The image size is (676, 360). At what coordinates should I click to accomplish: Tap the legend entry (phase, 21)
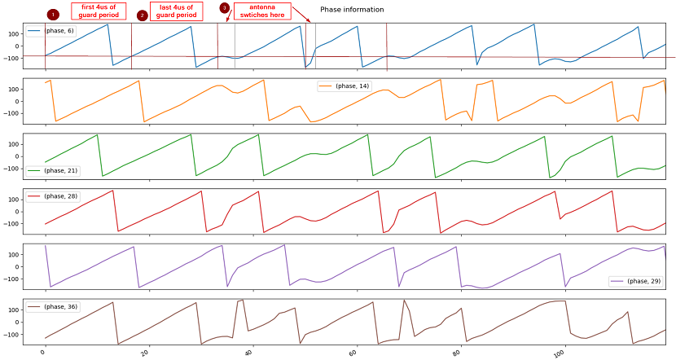[x=49, y=170]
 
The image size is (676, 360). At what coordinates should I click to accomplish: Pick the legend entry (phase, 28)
[x=49, y=196]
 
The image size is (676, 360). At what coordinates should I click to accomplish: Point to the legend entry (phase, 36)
[x=49, y=307]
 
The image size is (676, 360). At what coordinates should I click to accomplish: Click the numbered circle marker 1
[x=53, y=15]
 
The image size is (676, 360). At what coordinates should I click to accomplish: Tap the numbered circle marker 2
[x=143, y=15]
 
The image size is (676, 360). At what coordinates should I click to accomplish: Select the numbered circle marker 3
[x=224, y=7]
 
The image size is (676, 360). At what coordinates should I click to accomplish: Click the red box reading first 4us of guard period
[x=99, y=11]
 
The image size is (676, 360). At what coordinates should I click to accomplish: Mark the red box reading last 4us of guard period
[x=177, y=11]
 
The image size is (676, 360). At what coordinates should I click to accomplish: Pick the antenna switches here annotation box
[x=257, y=11]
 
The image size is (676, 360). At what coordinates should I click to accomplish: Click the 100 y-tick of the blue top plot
[x=13, y=33]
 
